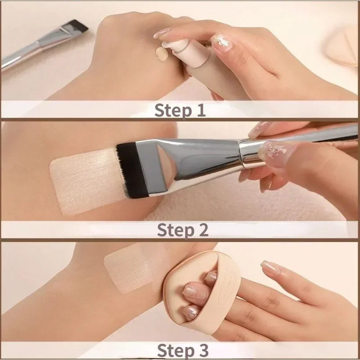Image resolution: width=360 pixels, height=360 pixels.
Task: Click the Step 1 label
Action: coord(180,110)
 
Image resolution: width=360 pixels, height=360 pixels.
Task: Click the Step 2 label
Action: coord(182,229)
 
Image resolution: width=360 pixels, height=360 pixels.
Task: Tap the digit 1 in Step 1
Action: coord(200,110)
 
